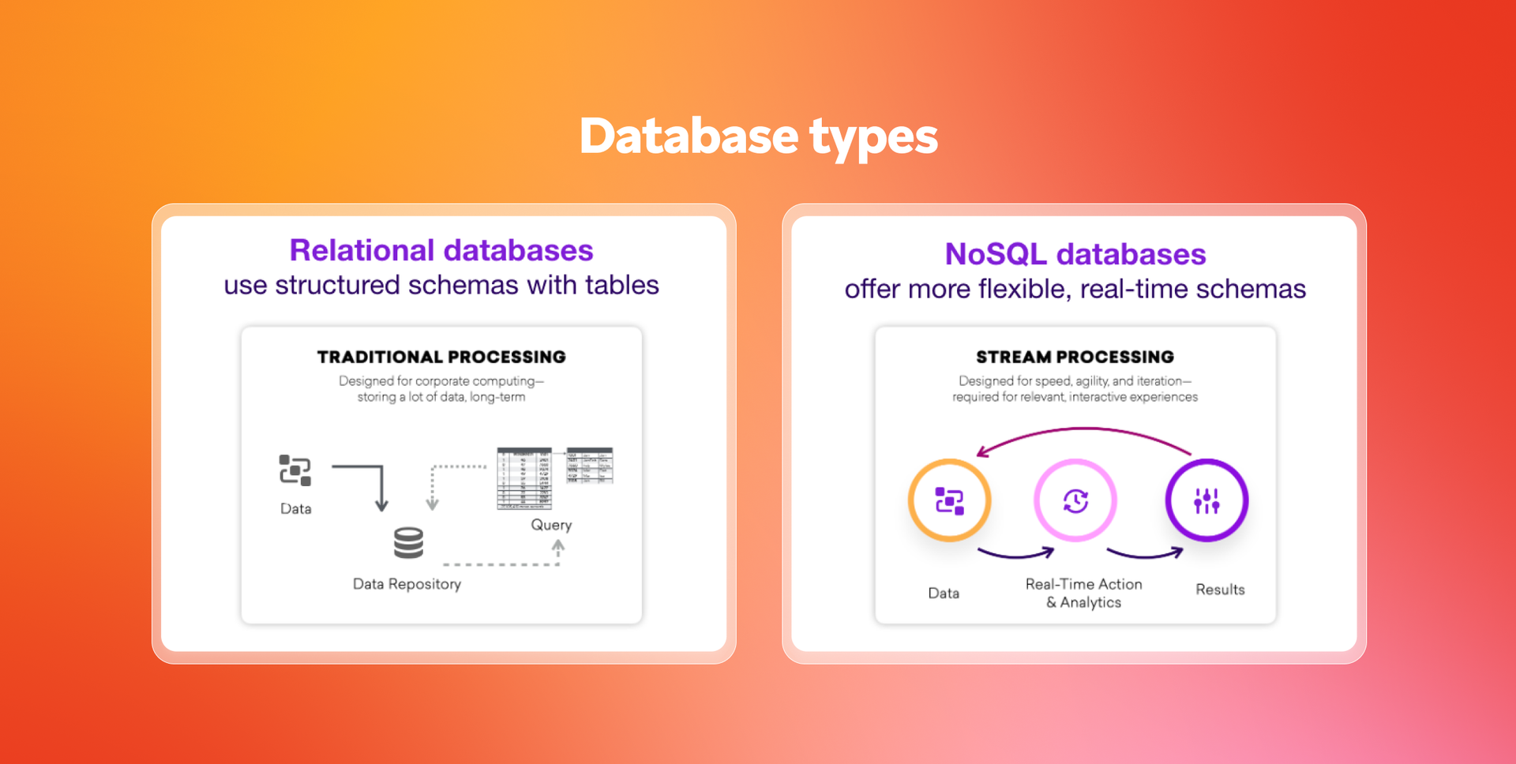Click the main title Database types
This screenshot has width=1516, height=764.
(758, 136)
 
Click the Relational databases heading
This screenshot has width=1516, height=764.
(441, 250)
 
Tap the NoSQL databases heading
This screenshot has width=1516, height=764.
(1075, 254)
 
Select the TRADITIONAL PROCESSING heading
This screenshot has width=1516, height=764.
(441, 357)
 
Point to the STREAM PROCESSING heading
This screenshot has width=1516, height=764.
(1075, 357)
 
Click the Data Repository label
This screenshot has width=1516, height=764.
(407, 584)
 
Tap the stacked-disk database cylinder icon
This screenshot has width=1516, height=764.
(408, 543)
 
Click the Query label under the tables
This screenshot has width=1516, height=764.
(551, 525)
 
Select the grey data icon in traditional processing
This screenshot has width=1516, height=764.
(295, 470)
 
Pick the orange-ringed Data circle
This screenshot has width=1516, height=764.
(949, 500)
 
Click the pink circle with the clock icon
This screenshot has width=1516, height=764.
(1075, 500)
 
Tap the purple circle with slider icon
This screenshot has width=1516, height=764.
(1206, 500)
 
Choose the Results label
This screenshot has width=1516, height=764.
(1220, 590)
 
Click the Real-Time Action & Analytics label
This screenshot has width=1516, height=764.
(1083, 593)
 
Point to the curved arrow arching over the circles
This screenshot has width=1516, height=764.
(1086, 431)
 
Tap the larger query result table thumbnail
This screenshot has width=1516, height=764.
(524, 478)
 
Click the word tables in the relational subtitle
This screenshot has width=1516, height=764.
(621, 285)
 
